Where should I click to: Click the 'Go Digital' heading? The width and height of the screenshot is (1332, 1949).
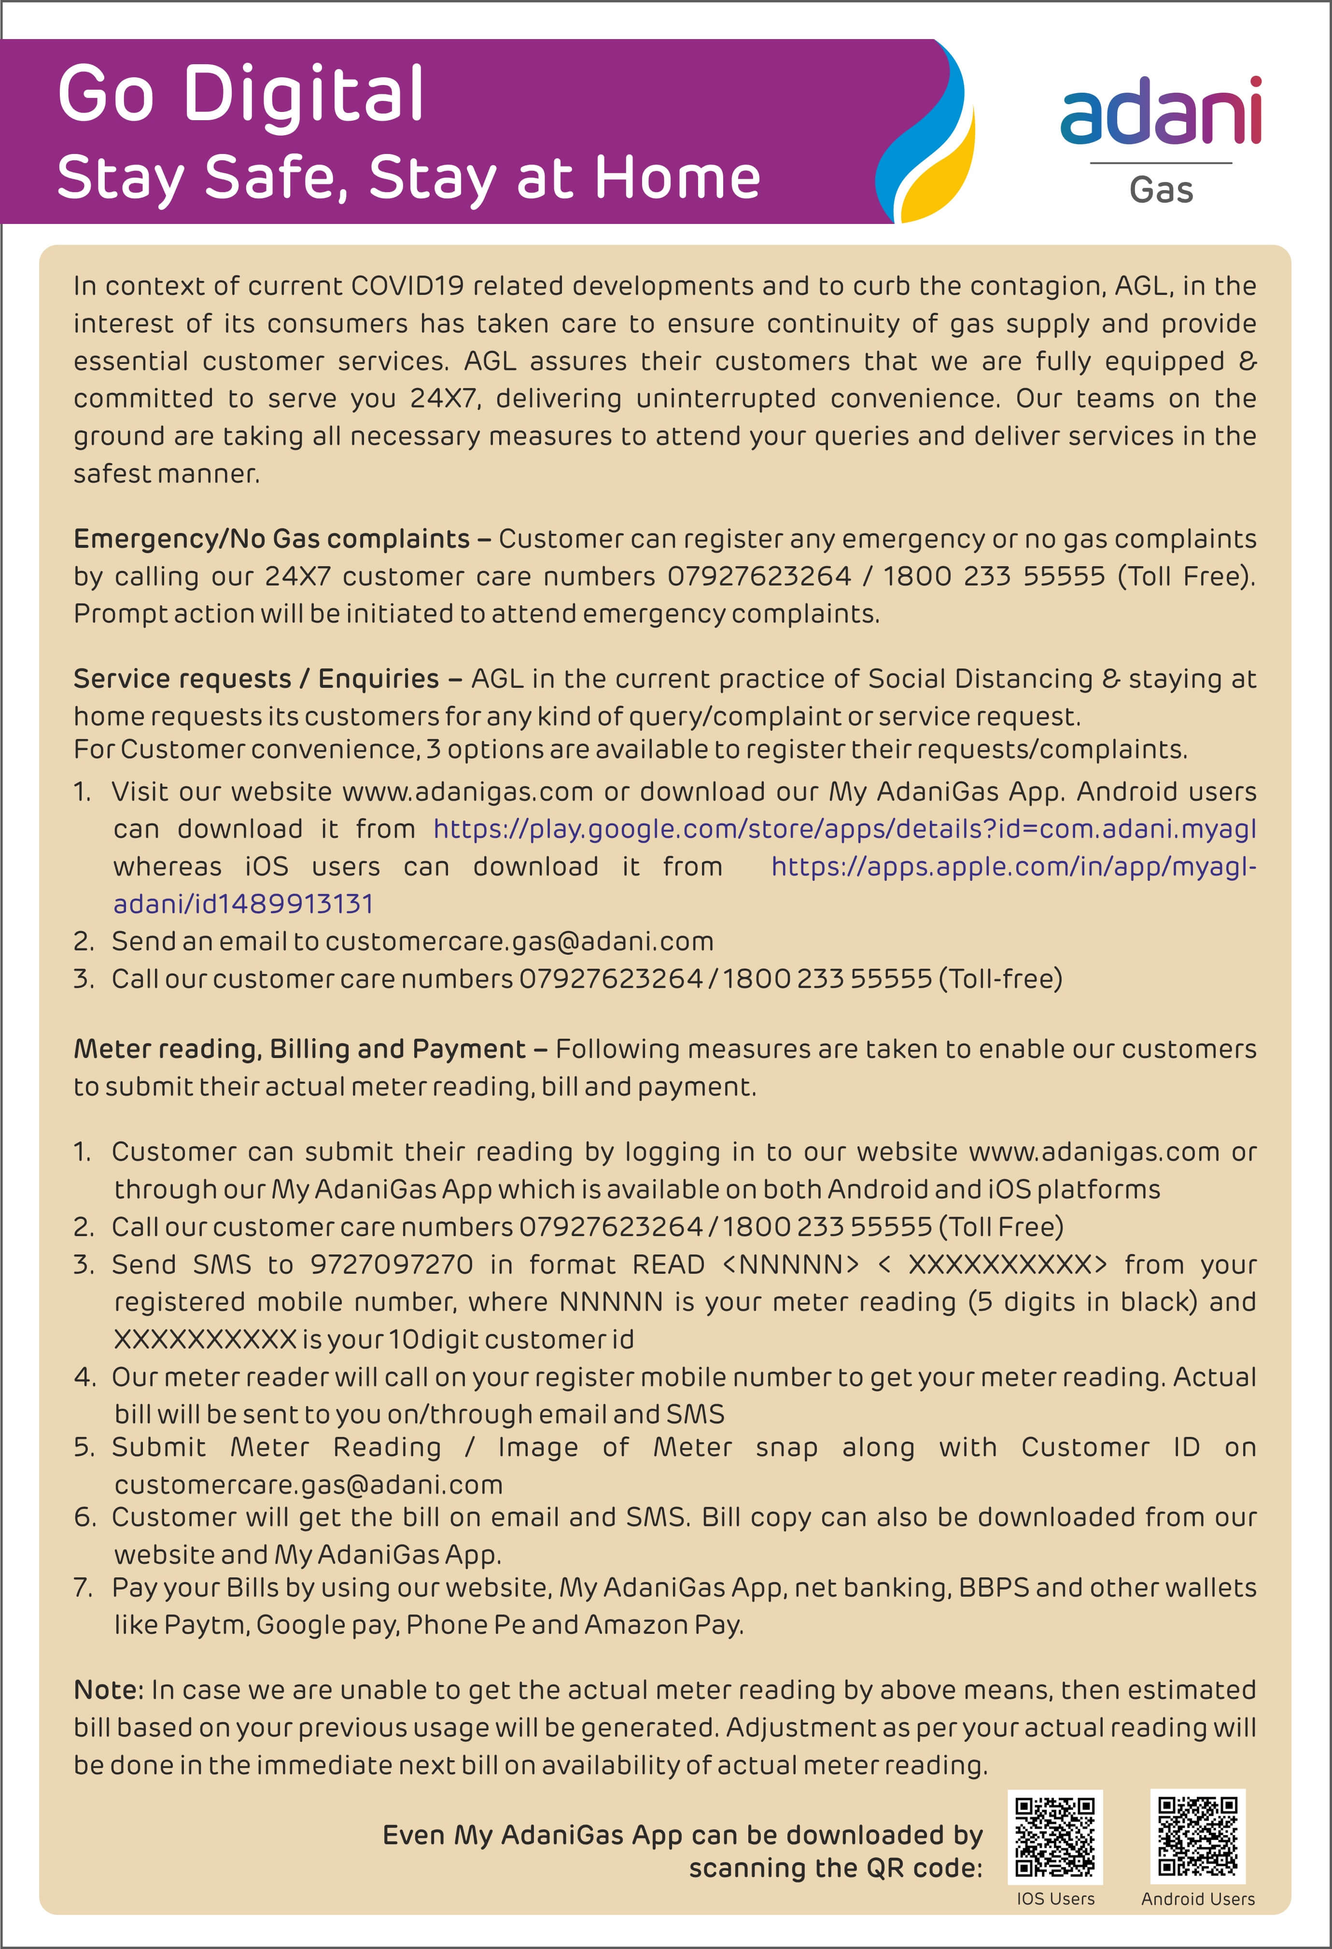(x=241, y=94)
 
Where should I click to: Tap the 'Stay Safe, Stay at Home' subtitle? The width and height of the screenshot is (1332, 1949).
(x=408, y=179)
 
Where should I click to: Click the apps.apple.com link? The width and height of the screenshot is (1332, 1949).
(x=1013, y=866)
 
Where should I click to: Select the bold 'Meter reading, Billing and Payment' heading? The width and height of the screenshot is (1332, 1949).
(x=299, y=1049)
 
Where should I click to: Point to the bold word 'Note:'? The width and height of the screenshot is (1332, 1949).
(x=109, y=1690)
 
